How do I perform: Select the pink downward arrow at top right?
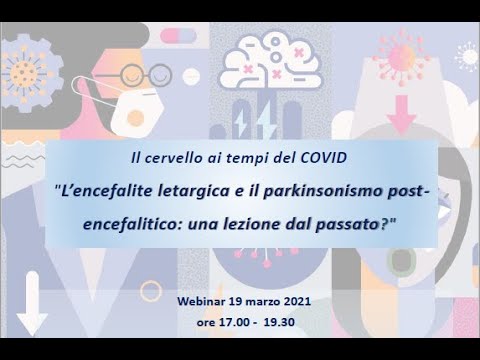pyautogui.click(x=403, y=120)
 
